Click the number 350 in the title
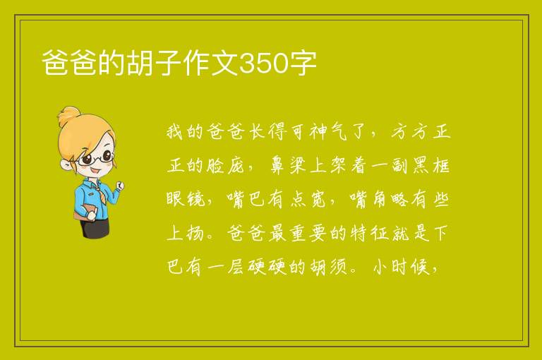click(x=263, y=64)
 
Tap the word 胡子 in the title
click(x=155, y=64)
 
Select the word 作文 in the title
click(x=210, y=64)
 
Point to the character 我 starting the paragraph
click(x=174, y=132)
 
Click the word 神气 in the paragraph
click(x=327, y=132)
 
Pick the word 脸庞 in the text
click(x=225, y=165)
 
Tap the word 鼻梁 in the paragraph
click(x=287, y=165)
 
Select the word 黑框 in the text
click(x=430, y=165)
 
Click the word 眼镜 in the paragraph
click(x=186, y=199)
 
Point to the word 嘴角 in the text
click(x=368, y=199)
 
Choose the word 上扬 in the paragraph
click(x=186, y=233)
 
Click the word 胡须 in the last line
click(x=327, y=267)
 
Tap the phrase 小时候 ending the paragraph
click(x=401, y=267)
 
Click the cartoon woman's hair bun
click(x=69, y=116)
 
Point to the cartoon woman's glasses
click(x=97, y=157)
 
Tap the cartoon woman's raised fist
click(x=119, y=186)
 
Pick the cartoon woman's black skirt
click(x=95, y=227)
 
